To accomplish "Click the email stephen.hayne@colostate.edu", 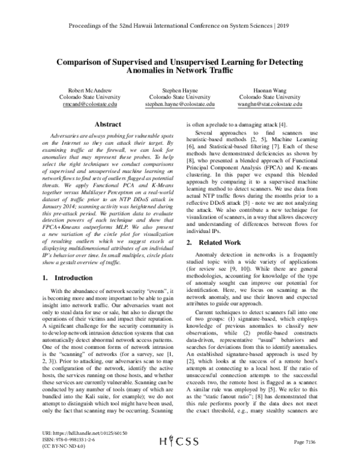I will point(179,104).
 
